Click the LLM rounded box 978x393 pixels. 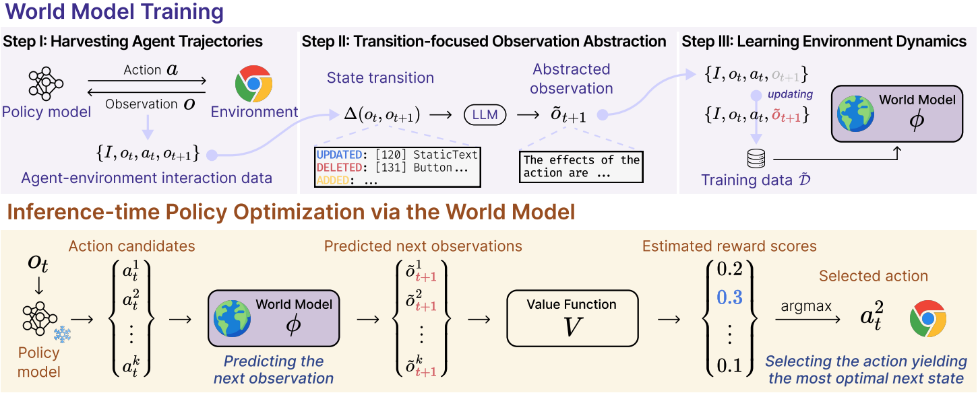coord(485,115)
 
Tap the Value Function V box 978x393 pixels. coord(572,318)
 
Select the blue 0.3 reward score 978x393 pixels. coord(729,297)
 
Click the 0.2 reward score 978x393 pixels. coord(729,269)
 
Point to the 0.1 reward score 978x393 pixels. coord(729,365)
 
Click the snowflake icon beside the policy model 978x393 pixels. coord(63,334)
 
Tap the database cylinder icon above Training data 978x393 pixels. coord(756,159)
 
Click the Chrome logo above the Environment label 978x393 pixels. coord(253,83)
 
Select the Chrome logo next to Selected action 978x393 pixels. coord(928,318)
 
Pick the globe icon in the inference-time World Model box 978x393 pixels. coord(233,318)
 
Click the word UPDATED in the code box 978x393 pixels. coord(339,155)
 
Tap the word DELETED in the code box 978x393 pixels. coord(339,168)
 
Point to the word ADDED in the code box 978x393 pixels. coord(333,180)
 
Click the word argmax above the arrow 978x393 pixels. coord(806,307)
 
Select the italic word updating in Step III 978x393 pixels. coord(790,94)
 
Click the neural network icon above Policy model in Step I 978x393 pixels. coord(46,83)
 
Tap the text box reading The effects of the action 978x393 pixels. coord(581,166)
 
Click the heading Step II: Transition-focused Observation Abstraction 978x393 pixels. coord(484,42)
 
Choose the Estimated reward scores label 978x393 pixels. coord(729,246)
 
